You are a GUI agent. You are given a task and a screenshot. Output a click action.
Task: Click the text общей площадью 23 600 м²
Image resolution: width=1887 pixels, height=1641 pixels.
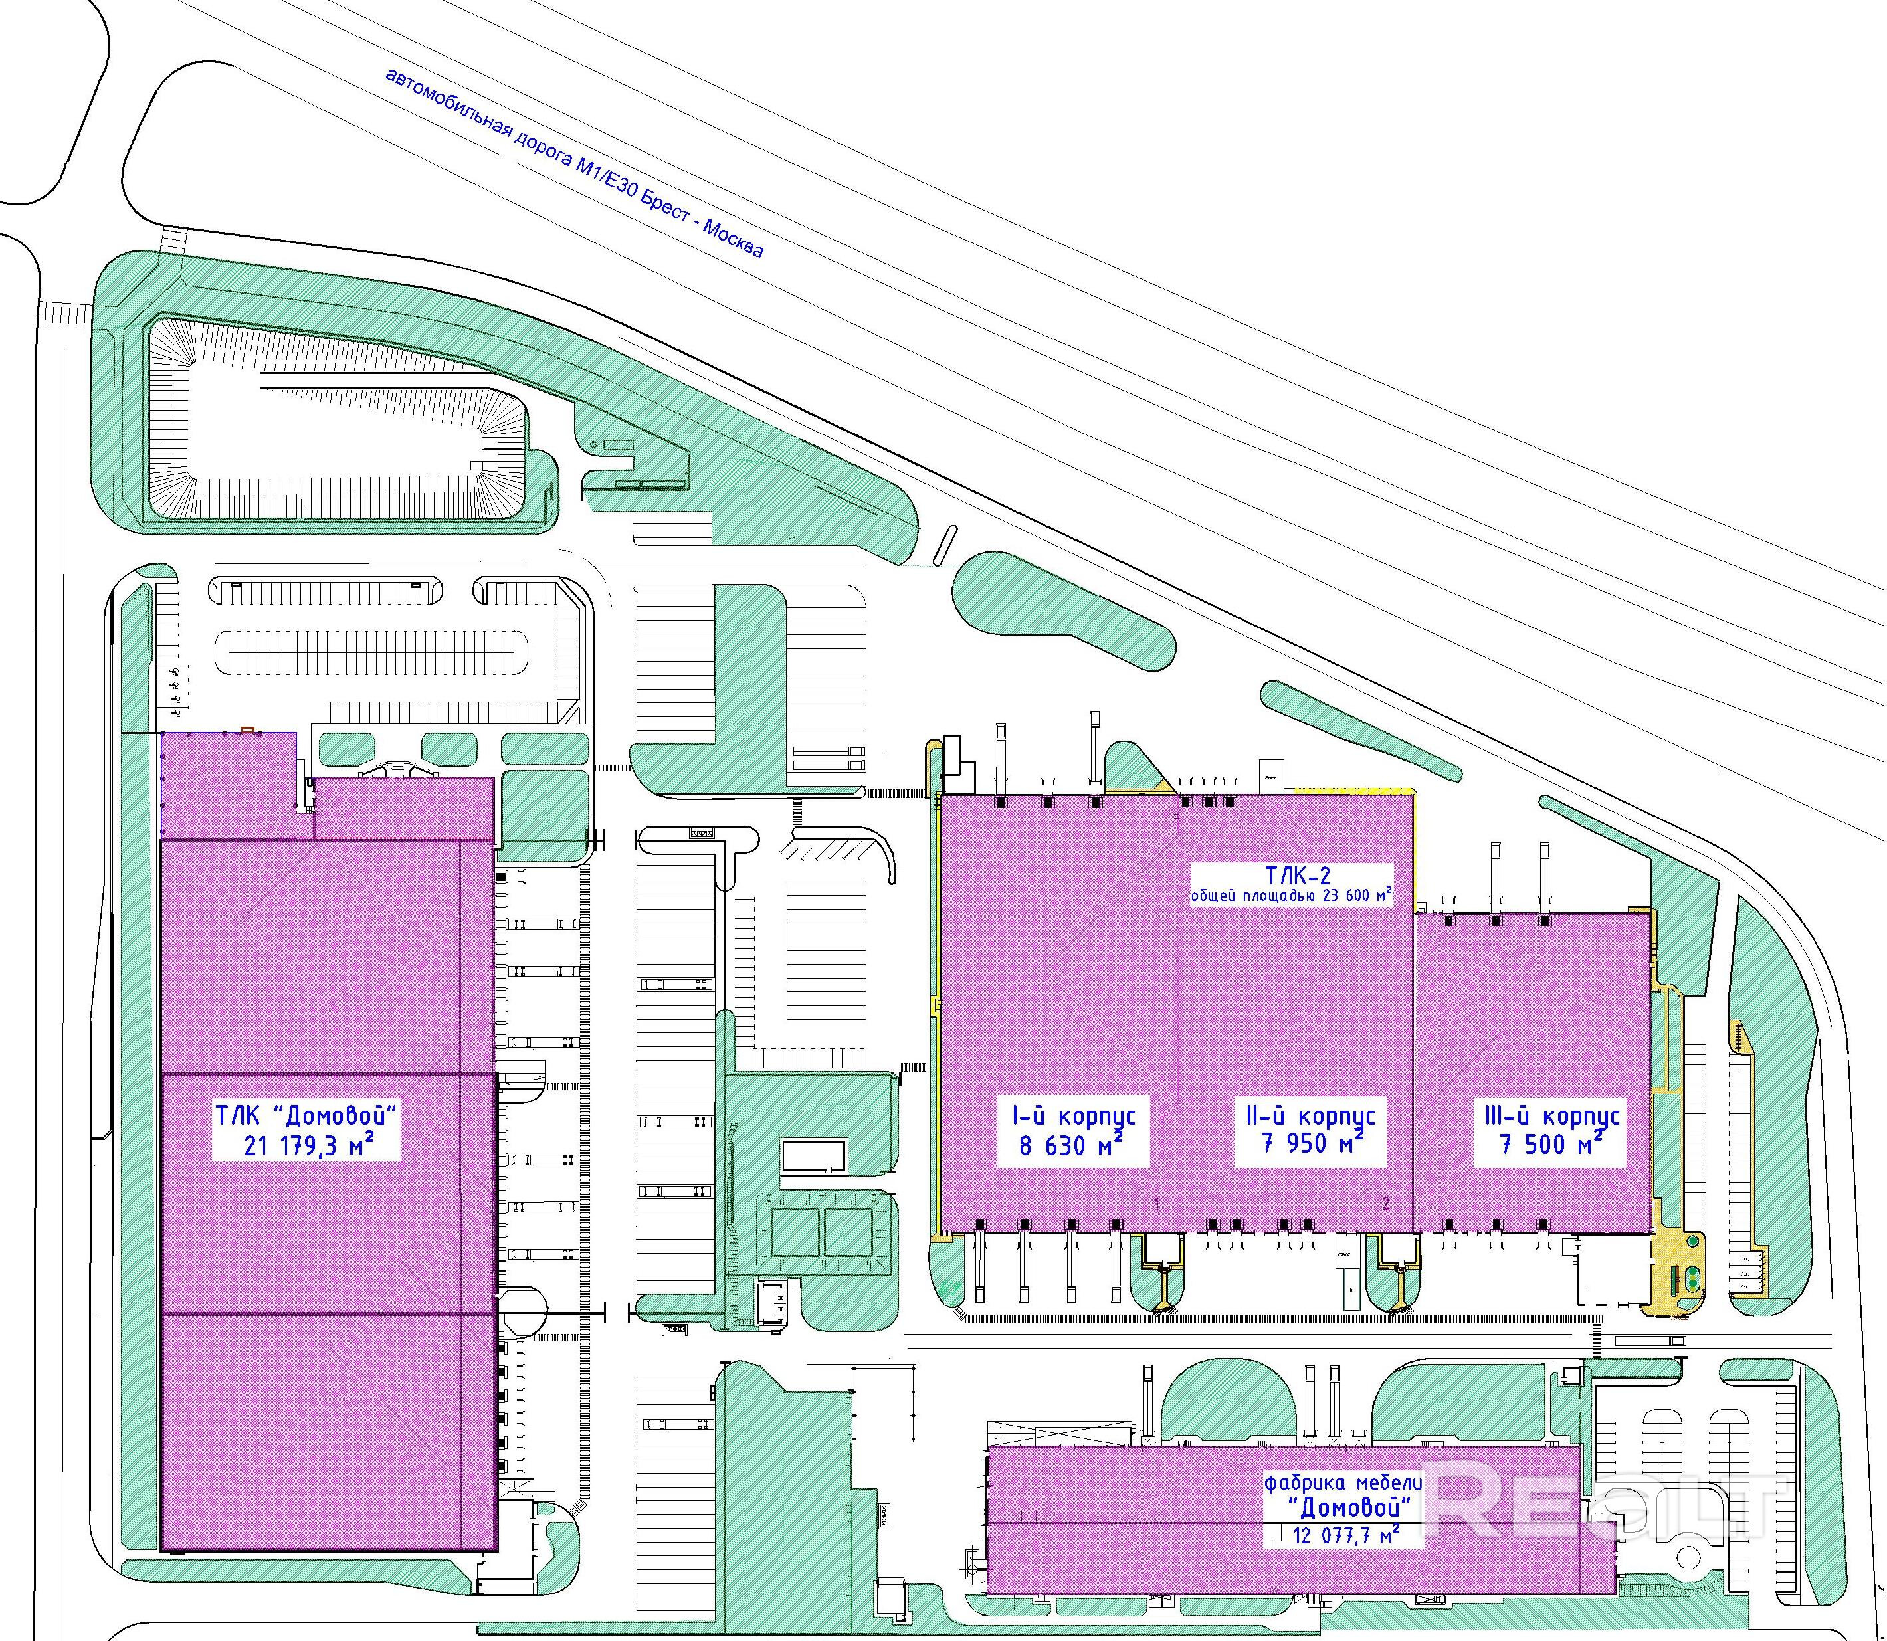(1291, 896)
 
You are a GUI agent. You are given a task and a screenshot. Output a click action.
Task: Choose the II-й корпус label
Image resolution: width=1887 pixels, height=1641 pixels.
(1311, 1116)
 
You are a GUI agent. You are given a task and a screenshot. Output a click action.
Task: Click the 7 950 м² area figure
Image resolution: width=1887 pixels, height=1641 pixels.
(1311, 1145)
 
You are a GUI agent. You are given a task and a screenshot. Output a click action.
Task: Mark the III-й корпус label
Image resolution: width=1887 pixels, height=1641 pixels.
(1551, 1116)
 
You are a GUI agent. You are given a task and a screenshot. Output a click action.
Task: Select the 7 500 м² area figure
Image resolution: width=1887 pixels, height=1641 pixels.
(1551, 1145)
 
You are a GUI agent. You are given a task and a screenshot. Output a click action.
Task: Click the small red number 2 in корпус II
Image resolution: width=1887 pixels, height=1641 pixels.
(1385, 1205)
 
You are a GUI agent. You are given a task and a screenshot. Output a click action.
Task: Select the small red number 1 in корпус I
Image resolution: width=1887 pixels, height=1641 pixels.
(1158, 1203)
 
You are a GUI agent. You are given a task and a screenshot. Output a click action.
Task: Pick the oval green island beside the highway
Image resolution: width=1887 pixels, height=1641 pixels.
(1062, 610)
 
